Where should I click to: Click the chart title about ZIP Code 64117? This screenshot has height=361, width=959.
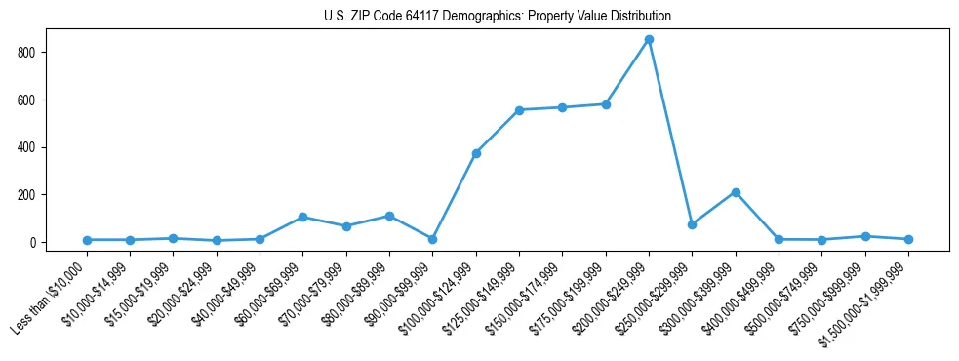[x=497, y=16]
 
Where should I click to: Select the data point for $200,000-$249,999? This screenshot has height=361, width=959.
[x=649, y=39]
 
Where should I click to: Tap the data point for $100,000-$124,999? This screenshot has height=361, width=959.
[x=476, y=153]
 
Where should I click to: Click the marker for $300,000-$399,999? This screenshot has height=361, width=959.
[x=736, y=192]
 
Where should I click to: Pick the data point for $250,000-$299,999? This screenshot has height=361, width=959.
[x=692, y=224]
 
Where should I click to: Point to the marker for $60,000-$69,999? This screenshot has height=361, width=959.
[x=302, y=217]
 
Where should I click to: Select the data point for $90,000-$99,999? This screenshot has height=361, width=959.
[x=432, y=239]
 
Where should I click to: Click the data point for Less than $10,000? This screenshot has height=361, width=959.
[x=87, y=240]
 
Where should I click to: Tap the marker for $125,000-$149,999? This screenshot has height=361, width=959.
[x=519, y=110]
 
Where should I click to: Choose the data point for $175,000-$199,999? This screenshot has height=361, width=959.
[x=606, y=104]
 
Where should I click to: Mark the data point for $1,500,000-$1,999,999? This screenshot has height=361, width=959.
[x=908, y=239]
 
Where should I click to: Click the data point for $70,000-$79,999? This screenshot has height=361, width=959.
[x=346, y=226]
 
